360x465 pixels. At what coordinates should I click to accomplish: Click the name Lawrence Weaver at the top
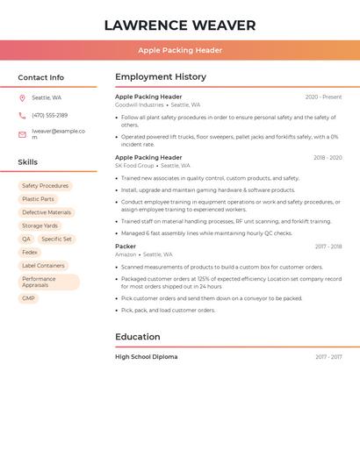pos(180,25)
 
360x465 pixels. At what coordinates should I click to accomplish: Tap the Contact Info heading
pos(41,77)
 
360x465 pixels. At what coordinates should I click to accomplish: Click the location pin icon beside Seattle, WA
pos(22,97)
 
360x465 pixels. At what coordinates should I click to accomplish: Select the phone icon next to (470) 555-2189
pos(22,115)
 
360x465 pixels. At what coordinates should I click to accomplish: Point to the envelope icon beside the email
pos(22,134)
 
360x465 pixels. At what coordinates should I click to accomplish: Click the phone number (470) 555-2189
pos(49,115)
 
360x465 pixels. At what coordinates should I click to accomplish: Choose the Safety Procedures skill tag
pos(45,186)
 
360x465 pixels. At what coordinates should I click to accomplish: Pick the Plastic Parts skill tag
pos(38,199)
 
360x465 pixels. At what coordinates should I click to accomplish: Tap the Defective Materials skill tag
pos(47,212)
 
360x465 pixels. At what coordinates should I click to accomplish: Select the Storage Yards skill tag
pos(40,225)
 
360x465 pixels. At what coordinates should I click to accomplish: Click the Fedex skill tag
pos(30,252)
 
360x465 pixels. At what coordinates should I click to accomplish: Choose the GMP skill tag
pos(29,298)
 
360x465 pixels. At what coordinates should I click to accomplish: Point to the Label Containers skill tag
pos(43,265)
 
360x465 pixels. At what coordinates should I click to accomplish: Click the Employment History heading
pos(161,77)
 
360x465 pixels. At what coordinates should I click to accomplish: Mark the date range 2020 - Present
pos(323,97)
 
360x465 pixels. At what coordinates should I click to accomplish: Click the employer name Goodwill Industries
pos(140,104)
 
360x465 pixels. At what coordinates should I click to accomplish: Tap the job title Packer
pos(126,247)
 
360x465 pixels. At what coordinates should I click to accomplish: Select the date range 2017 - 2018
pos(328,247)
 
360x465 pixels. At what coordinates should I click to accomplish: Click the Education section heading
pos(138,337)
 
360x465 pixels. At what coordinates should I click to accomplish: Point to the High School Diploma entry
pos(146,357)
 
